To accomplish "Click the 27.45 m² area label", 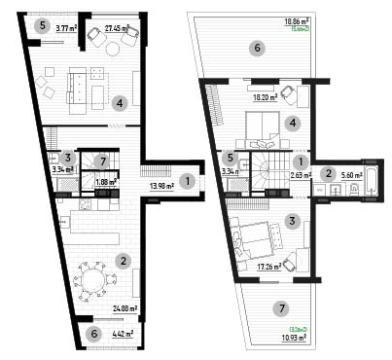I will point(118,29).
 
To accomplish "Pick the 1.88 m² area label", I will point(106,181).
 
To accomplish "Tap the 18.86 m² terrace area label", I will point(297,20).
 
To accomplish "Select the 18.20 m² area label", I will point(266,97).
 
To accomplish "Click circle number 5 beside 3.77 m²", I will point(41,25).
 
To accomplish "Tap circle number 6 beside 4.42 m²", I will point(93,335).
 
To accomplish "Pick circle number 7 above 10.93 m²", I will point(282,309).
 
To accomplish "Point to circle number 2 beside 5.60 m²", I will point(329,174).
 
